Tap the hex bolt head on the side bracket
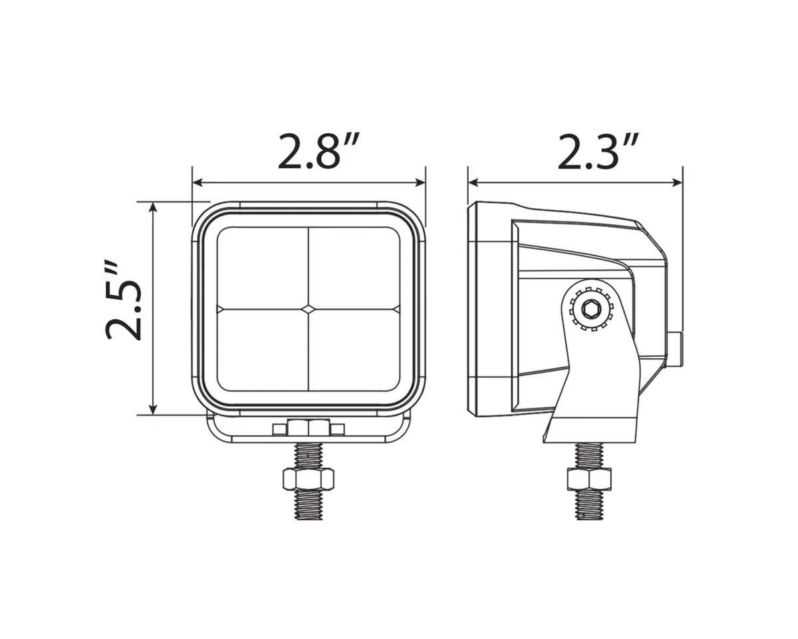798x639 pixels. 589,309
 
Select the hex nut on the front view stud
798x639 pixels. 308,478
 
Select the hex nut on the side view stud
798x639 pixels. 589,478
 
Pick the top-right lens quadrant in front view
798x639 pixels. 354,268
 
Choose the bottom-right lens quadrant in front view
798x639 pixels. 354,351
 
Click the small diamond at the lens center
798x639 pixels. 309,309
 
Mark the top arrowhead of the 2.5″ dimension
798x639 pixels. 154,207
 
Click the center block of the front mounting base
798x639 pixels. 308,427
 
